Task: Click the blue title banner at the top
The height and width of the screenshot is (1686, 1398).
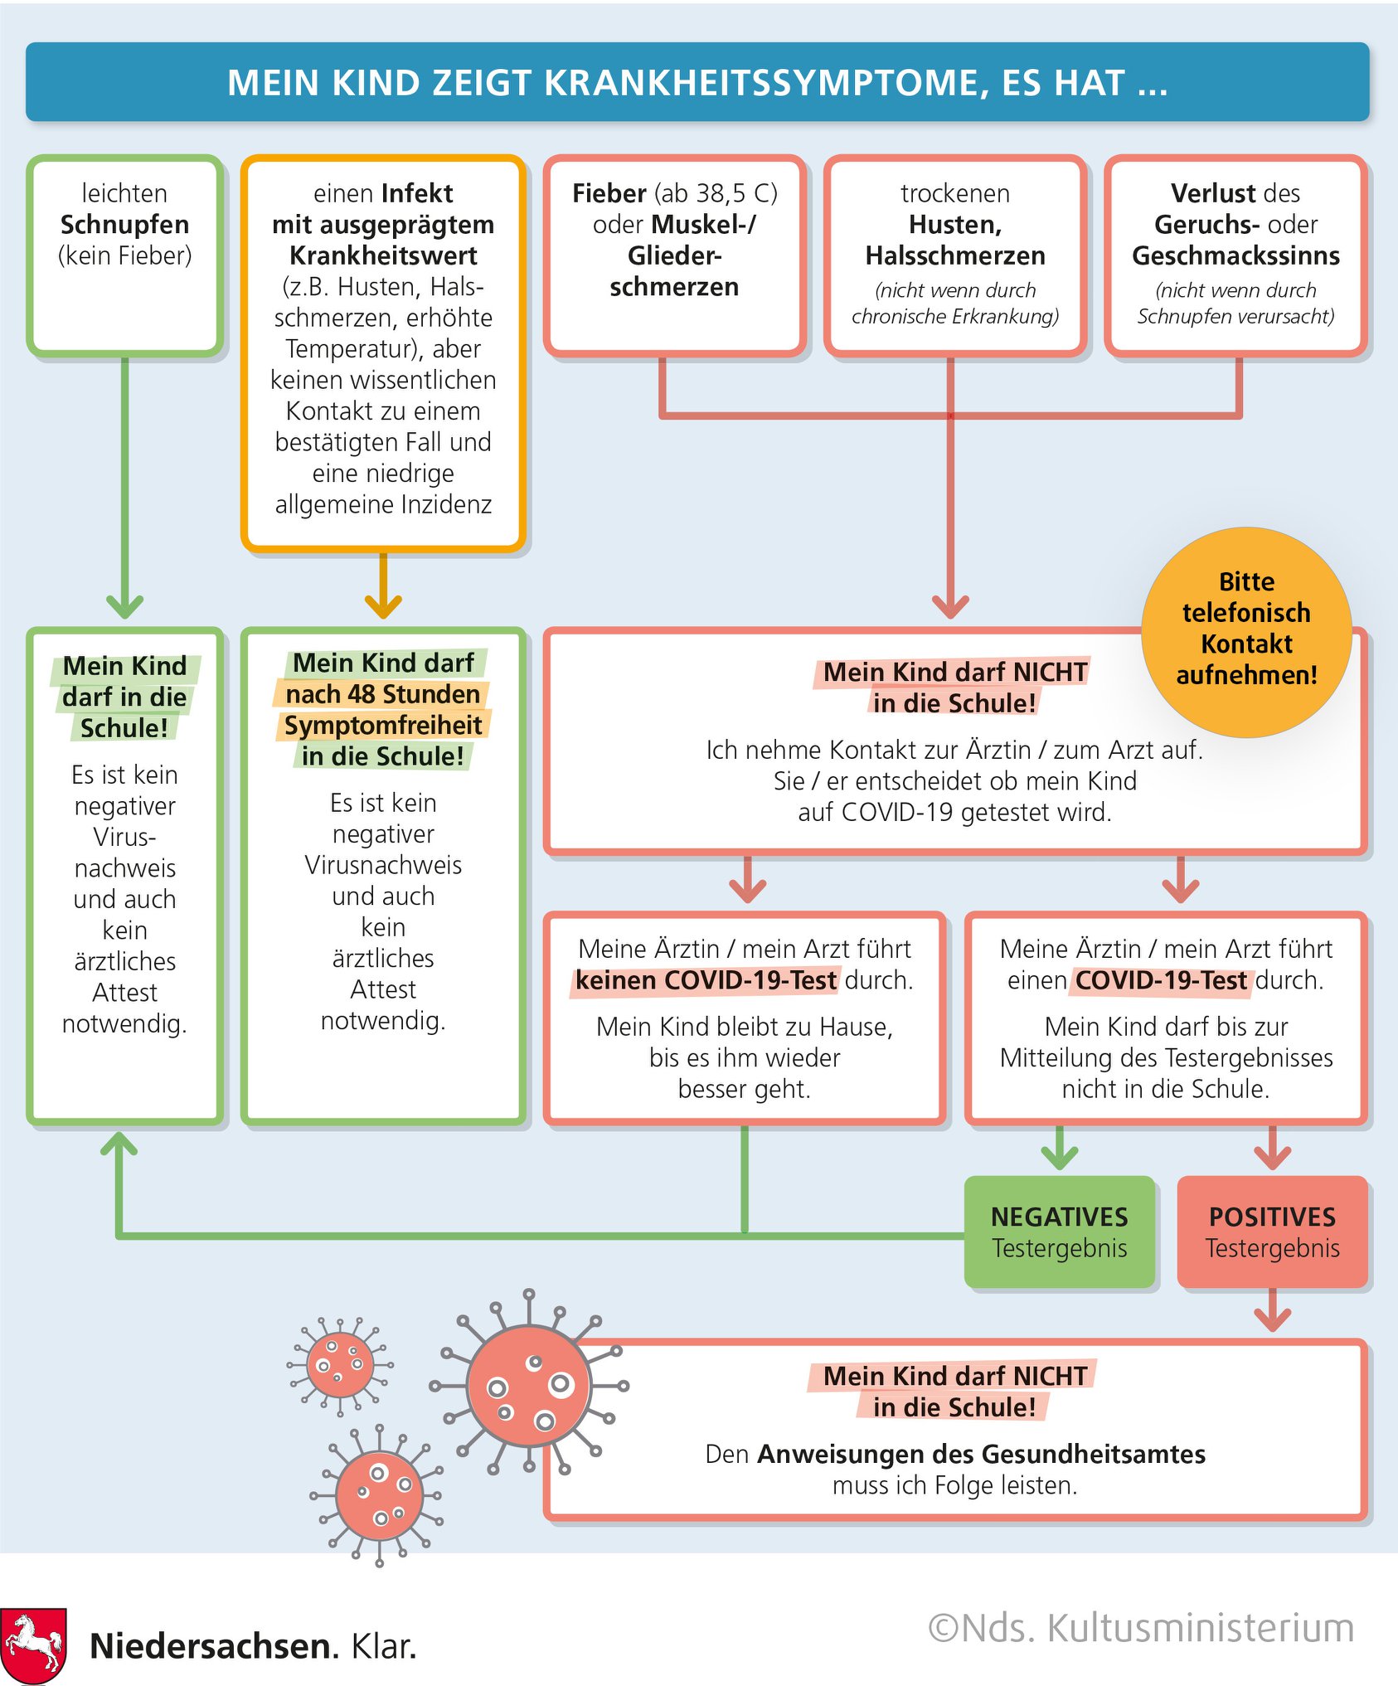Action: pos(697,82)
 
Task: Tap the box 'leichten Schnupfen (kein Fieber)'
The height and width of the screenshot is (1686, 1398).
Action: pos(124,256)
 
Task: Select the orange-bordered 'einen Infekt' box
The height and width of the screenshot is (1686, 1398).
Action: pos(383,353)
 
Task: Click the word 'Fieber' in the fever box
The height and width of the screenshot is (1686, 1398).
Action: pos(609,193)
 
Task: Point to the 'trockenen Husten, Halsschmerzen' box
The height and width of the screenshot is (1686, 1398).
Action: pos(955,256)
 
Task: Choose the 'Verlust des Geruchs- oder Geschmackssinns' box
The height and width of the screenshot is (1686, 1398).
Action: pos(1235,256)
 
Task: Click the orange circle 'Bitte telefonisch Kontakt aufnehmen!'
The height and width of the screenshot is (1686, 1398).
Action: pos(1246,632)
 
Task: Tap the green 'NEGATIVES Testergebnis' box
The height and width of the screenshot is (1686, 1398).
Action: pos(1060,1232)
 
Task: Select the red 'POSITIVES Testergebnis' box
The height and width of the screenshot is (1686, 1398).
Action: pos(1272,1232)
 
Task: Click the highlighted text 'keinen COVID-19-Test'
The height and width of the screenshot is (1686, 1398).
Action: pos(706,980)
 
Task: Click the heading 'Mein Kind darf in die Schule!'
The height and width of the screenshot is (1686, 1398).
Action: pos(124,697)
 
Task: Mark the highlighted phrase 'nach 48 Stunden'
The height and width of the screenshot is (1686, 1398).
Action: pos(382,693)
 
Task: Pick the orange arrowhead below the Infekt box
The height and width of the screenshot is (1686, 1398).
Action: pos(383,606)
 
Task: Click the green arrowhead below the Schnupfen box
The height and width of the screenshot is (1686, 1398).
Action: pos(124,606)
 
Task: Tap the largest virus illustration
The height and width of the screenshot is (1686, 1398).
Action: pos(528,1385)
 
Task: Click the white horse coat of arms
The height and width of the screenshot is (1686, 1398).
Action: pos(34,1645)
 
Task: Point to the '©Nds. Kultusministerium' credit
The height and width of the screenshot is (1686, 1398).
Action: pos(1141,1627)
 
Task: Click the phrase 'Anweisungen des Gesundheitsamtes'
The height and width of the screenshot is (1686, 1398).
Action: pos(981,1454)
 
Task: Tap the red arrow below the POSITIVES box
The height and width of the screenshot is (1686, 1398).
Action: pos(1272,1310)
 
